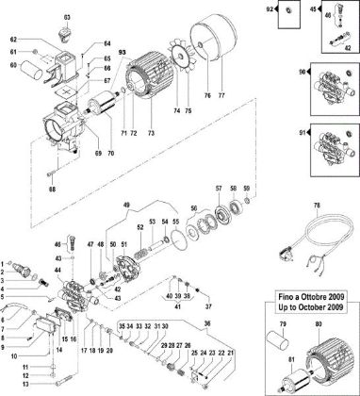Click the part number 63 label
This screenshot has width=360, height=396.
click(x=67, y=18)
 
